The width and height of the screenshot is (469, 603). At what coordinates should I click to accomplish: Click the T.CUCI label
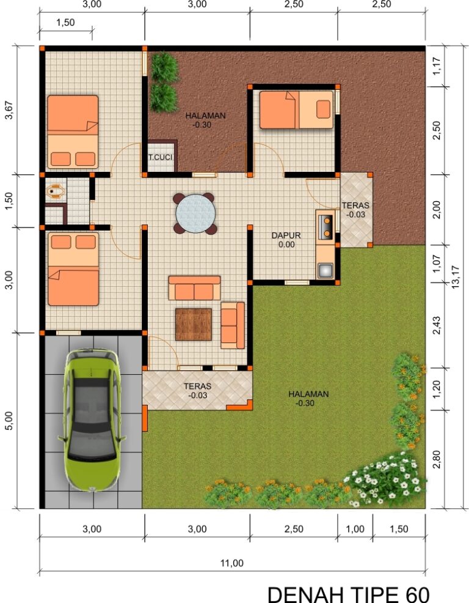161,158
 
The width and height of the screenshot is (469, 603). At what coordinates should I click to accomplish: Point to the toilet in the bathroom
56,191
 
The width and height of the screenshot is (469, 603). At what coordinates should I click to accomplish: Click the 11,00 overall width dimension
232,563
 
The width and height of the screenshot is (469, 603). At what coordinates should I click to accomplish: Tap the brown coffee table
193,324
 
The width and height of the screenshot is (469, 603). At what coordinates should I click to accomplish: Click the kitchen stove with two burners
325,224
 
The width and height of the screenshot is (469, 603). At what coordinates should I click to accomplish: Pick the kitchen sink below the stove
325,269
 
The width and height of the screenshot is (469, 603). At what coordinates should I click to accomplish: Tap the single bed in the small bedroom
296,109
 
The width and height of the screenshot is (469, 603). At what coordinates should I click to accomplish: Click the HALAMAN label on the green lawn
308,394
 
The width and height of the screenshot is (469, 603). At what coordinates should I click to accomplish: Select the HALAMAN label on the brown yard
206,116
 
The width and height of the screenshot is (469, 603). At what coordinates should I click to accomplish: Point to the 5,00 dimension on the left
9,420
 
